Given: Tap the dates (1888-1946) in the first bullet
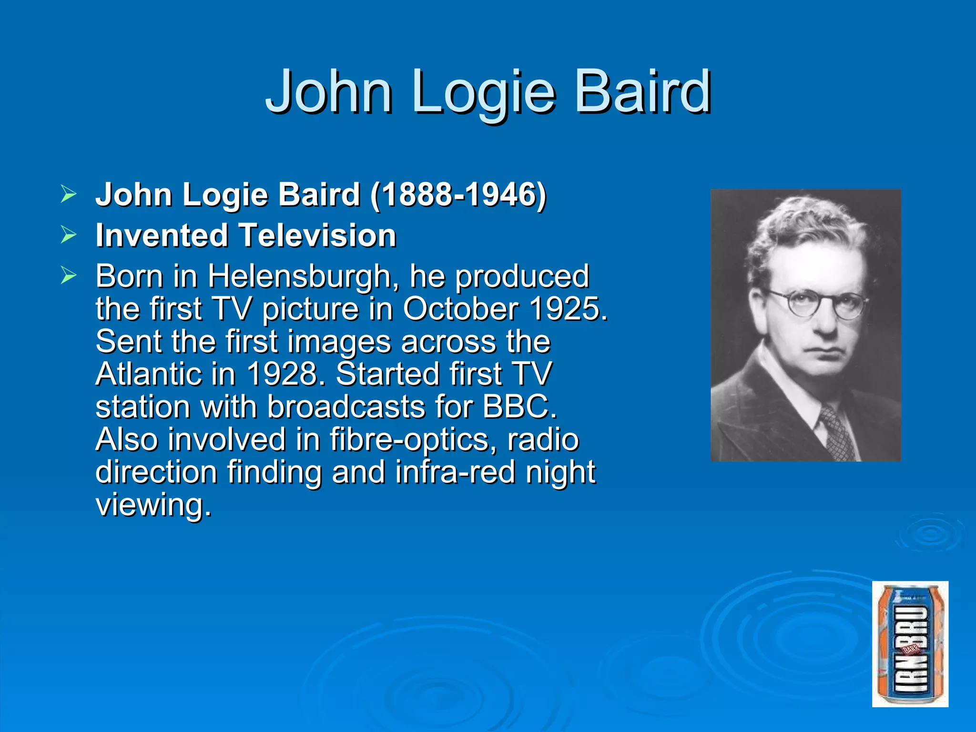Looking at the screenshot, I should (458, 195).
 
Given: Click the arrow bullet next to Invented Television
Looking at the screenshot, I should (69, 234).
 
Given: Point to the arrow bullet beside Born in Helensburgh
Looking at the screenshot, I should (69, 275).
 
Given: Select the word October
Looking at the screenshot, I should (460, 309).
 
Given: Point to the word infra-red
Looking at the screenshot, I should (455, 472).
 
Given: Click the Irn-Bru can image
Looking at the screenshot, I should (910, 644).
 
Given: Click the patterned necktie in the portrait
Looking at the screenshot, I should (837, 434).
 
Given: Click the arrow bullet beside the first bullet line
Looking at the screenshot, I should (69, 194).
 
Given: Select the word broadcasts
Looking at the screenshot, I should (346, 407).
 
